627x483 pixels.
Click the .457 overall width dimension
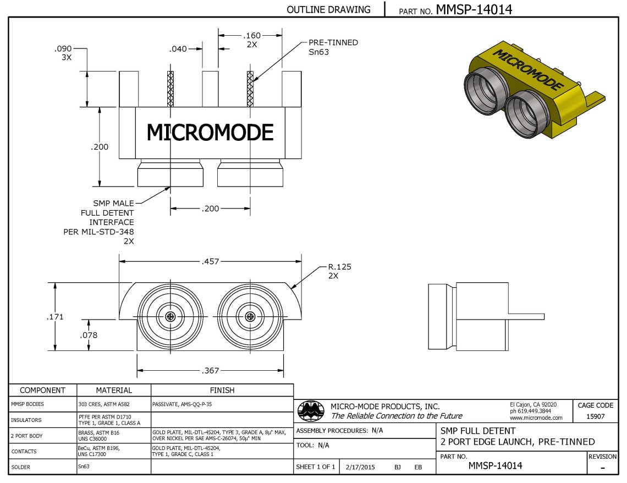coord(210,261)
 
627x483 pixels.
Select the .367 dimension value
coord(210,371)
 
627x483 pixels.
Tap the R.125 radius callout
coord(339,267)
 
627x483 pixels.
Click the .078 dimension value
coord(89,334)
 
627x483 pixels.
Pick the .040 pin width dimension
coord(178,49)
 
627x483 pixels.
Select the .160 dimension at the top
coord(252,36)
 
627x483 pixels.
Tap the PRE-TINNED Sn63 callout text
coord(333,47)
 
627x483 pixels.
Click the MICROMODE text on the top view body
coord(210,133)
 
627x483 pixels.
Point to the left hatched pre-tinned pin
coord(170,89)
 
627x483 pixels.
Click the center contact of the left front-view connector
coord(170,316)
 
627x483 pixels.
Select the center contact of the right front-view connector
coord(251,316)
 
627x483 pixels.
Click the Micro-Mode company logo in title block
coord(311,410)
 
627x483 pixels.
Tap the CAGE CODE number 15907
coord(595,416)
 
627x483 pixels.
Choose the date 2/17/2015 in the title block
coord(360,467)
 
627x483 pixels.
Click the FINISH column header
coord(222,390)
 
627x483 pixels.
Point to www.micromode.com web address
coord(536,418)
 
